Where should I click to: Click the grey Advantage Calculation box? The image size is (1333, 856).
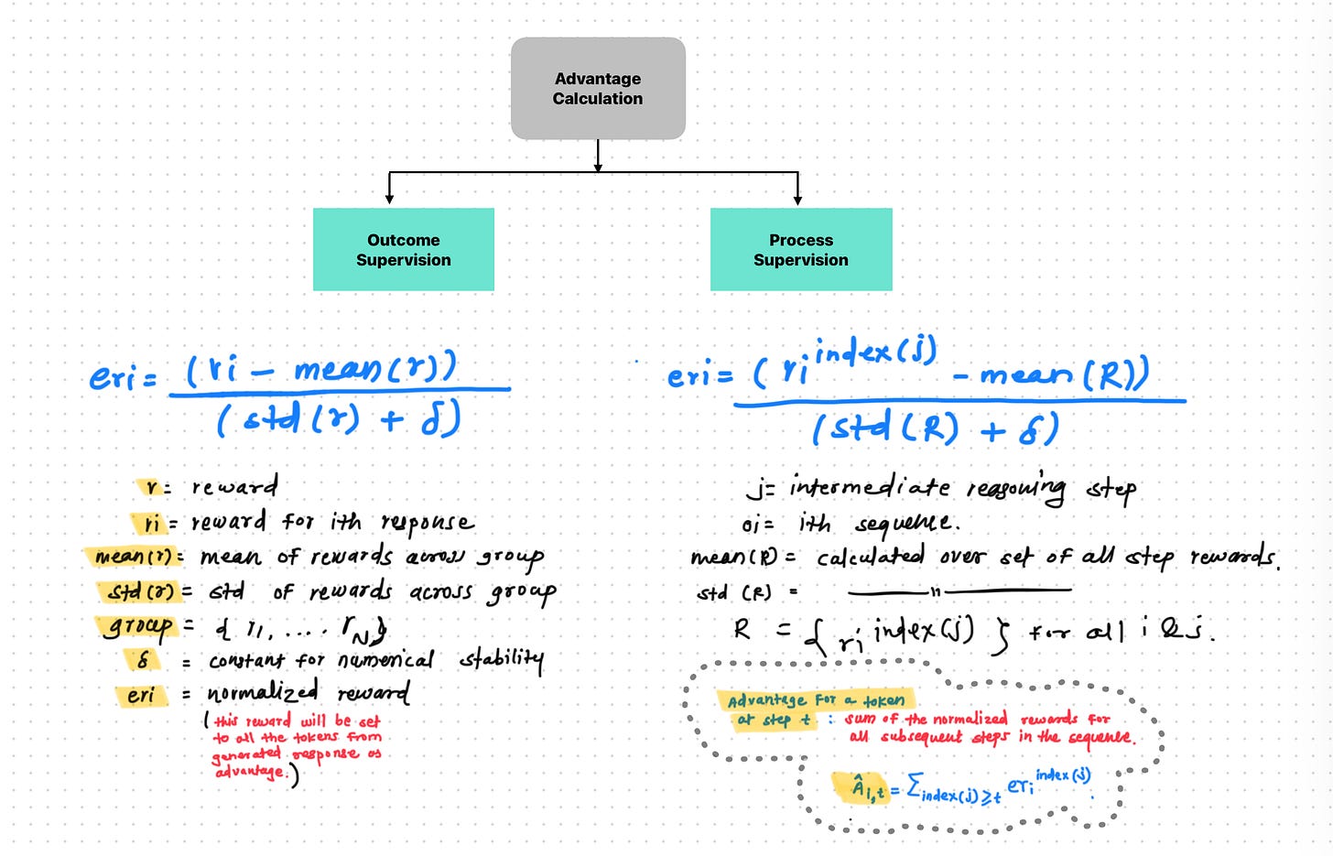coord(598,89)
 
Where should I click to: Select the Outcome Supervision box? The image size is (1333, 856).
coord(404,250)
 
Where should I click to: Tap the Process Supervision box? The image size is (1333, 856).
coord(801,250)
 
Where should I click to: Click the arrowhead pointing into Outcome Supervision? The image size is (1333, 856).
coord(390,198)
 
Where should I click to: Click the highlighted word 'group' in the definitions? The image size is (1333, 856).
coord(136,627)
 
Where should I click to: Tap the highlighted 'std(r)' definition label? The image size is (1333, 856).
coord(140,591)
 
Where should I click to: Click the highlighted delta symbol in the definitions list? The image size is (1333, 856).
coord(143,660)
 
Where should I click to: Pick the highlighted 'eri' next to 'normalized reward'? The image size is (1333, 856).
coord(141,695)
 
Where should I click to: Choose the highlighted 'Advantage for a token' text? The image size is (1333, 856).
coord(816,700)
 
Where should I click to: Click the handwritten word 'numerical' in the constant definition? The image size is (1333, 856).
coord(385,660)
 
